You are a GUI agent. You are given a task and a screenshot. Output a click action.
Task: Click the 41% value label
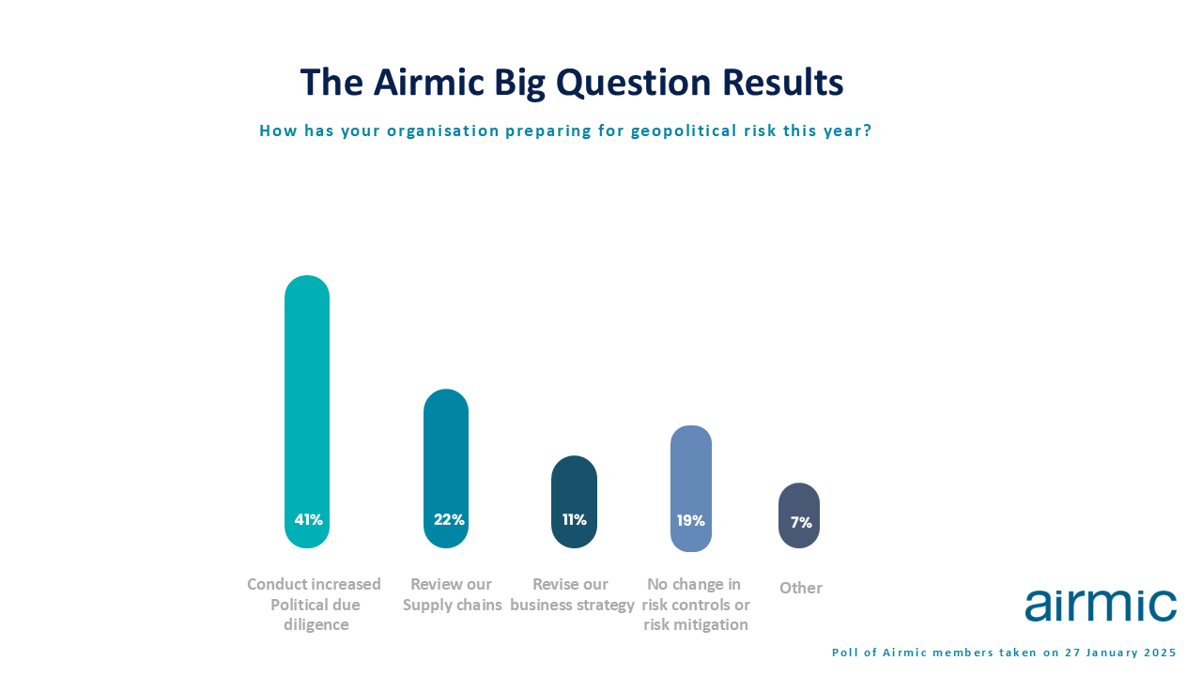click(309, 519)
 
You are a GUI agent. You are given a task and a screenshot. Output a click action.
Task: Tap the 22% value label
click(449, 519)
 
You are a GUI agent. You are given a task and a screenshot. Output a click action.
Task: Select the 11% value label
click(574, 519)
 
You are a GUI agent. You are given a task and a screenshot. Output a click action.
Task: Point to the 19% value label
click(690, 520)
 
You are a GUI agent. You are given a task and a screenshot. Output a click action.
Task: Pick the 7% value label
click(801, 522)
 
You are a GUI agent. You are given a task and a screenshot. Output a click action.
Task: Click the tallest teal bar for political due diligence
click(307, 411)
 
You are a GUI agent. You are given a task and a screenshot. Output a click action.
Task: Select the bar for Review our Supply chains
click(446, 469)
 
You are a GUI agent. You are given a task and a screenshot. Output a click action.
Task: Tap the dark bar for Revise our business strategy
click(574, 501)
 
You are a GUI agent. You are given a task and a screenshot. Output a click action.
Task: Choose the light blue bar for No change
click(691, 488)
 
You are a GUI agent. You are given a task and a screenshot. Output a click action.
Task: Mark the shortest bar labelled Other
click(799, 515)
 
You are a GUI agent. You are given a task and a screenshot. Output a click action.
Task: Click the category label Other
click(801, 588)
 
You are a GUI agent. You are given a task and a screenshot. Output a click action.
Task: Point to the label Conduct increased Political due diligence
click(315, 604)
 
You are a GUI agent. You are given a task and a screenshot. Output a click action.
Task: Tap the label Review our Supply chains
click(452, 594)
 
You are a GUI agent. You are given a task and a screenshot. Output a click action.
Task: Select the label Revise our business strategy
click(572, 594)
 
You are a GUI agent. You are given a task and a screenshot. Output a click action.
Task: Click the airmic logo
click(1101, 606)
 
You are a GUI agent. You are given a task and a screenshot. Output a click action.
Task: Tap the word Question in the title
click(634, 83)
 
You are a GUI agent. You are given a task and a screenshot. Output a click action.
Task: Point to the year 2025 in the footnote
click(1160, 653)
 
